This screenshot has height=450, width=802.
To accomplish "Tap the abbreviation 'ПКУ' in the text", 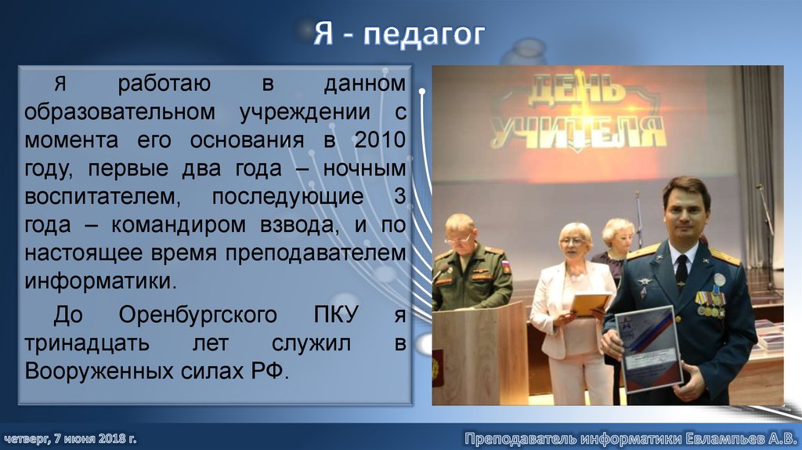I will (334, 315).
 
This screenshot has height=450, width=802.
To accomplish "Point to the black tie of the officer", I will (681, 270).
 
